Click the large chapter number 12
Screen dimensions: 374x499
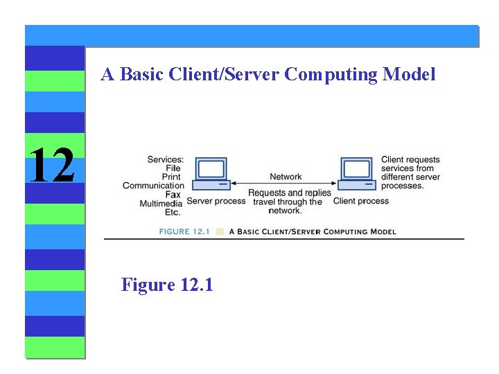click(52, 166)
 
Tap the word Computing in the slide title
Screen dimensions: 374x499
click(328, 74)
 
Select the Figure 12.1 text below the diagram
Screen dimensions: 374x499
click(167, 284)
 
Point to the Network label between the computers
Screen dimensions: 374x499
click(286, 177)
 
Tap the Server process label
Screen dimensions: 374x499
click(216, 201)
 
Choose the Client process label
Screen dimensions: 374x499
click(361, 201)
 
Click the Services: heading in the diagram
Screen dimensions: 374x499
click(166, 160)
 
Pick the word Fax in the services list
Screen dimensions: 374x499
click(173, 195)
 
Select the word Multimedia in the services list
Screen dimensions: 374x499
click(160, 204)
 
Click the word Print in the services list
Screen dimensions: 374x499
click(171, 177)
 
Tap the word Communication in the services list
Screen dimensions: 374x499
click(153, 186)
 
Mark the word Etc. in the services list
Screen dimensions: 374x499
click(173, 212)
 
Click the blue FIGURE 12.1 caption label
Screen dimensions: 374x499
click(184, 231)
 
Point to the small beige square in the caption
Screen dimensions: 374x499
click(220, 231)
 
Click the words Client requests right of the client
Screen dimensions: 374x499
click(410, 160)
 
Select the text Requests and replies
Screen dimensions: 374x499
click(290, 193)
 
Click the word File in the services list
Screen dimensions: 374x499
click(173, 168)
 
